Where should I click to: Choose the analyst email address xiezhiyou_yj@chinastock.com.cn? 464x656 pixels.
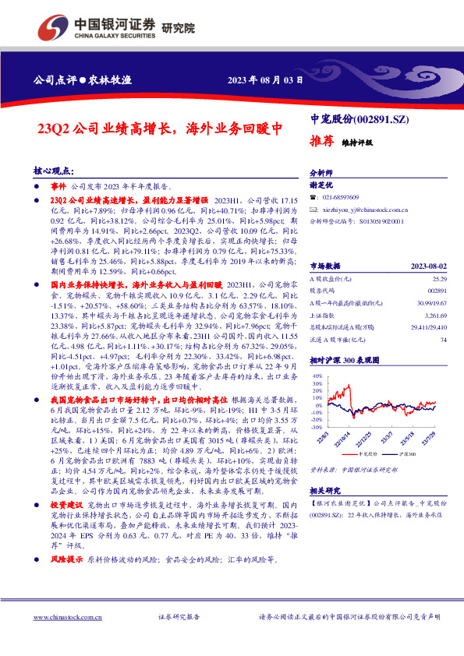pyautogui.click(x=365, y=210)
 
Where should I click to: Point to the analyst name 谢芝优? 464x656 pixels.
pyautogui.click(x=321, y=185)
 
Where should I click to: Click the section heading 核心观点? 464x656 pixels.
pyautogui.click(x=53, y=171)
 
